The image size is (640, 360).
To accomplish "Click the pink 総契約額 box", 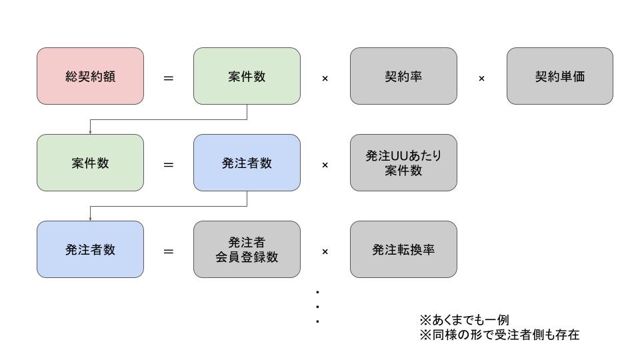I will [90, 76].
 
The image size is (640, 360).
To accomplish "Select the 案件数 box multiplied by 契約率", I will [247, 76].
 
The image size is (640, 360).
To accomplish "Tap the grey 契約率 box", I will [403, 76].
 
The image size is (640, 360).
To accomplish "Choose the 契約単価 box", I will [559, 76].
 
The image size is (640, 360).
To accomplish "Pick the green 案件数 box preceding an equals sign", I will [90, 163].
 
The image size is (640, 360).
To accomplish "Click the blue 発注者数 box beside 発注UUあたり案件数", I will [247, 163].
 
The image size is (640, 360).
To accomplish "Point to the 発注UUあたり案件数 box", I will [403, 163].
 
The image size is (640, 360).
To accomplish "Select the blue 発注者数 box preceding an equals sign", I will [90, 249].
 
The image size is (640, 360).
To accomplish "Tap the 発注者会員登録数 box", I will [247, 249].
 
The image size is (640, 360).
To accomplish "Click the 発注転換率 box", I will [403, 249].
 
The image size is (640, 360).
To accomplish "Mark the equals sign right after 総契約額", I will [169, 78].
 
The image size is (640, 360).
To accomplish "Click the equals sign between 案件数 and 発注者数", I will [169, 165].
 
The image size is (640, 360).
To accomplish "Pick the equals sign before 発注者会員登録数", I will [169, 251].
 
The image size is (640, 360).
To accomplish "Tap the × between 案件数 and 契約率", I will [325, 78].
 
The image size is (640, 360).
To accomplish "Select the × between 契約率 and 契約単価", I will [481, 78].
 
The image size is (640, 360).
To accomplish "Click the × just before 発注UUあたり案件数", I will [325, 165].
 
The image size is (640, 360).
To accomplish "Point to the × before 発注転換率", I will [325, 251].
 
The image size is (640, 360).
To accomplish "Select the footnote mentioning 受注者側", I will [499, 335].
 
